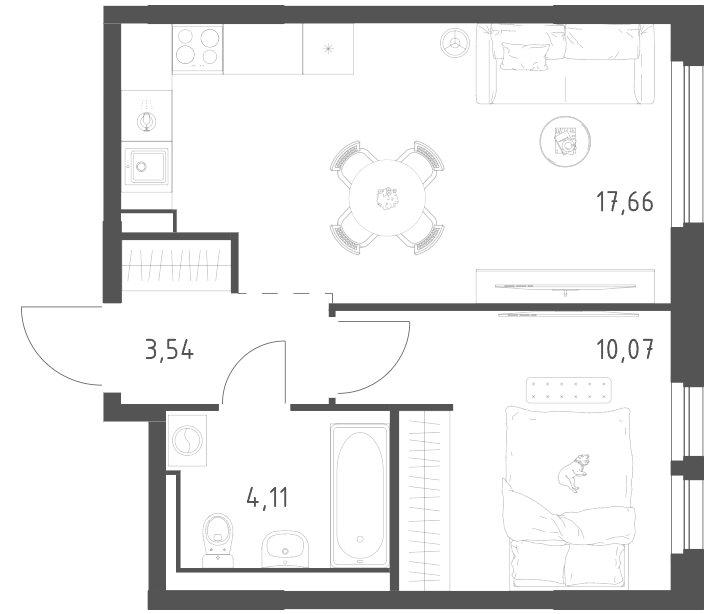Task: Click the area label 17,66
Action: [x=625, y=202]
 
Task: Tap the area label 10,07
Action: [x=625, y=349]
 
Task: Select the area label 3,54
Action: [x=170, y=349]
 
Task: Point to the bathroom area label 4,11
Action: [x=267, y=497]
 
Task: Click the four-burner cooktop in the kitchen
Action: [x=198, y=49]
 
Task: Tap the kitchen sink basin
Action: [x=149, y=167]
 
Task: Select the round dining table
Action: [x=387, y=198]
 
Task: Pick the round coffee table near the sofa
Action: [x=566, y=141]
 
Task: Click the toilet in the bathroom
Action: [x=218, y=540]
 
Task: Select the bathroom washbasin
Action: [x=285, y=548]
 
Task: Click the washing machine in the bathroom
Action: [x=187, y=440]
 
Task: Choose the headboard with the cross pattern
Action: [x=569, y=390]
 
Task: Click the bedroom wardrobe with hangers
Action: [x=425, y=501]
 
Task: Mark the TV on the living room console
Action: [x=565, y=286]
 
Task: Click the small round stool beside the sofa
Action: [x=455, y=43]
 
